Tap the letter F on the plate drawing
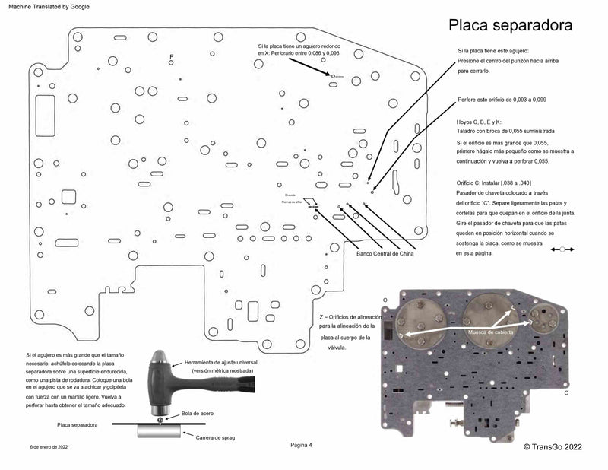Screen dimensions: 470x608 click(x=172, y=58)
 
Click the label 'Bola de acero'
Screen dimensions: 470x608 click(x=195, y=413)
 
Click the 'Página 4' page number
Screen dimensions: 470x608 click(x=301, y=444)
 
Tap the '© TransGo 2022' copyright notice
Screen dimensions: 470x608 click(x=553, y=448)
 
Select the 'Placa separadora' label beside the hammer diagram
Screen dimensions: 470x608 click(x=78, y=424)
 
